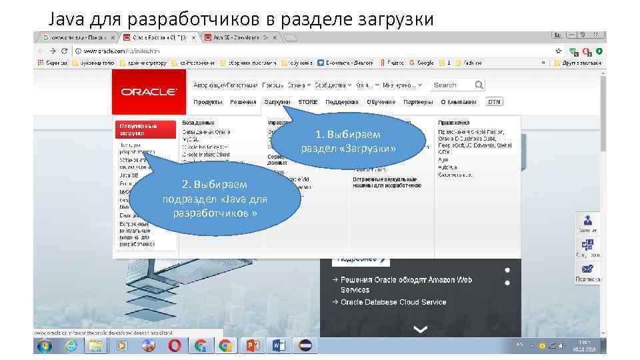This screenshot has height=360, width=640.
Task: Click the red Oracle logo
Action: (x=149, y=92)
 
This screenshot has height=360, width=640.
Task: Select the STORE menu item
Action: (x=308, y=102)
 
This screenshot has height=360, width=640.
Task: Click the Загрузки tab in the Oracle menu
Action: (x=277, y=102)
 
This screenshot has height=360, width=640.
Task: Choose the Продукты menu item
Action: (x=208, y=102)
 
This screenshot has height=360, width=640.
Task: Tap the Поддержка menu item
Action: (x=342, y=102)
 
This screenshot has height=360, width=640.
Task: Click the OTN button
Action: (x=494, y=102)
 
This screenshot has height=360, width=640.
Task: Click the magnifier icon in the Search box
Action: (x=479, y=85)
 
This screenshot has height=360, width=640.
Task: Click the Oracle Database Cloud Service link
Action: (x=393, y=302)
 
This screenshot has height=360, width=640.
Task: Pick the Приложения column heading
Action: (x=454, y=123)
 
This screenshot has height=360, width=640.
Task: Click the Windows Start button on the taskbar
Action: (x=45, y=345)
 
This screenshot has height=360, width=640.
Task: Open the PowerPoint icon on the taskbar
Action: (x=253, y=345)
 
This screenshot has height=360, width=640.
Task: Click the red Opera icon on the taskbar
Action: (x=175, y=345)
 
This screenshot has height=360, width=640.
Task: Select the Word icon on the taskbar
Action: (x=278, y=345)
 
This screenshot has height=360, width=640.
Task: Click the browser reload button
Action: (x=64, y=51)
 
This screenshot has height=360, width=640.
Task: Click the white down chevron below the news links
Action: (x=420, y=329)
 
